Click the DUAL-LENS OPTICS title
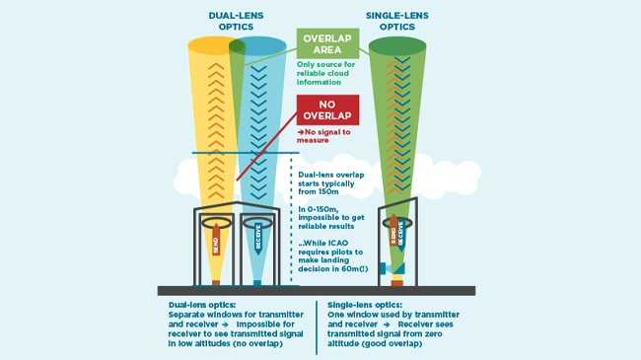tap(236, 22)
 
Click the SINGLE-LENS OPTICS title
tap(397, 22)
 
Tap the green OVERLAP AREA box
tap(327, 43)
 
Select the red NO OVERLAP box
tap(327, 110)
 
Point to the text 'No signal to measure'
tap(323, 136)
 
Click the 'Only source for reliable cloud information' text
tap(325, 73)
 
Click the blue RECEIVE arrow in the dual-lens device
tap(258, 239)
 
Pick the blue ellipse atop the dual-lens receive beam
tap(257, 45)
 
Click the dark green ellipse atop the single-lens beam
tap(397, 45)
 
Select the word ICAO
tap(337, 243)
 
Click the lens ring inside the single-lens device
tap(397, 223)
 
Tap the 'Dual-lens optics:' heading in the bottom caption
tap(202, 305)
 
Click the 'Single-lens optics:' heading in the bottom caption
tap(365, 305)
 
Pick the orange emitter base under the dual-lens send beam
tap(216, 283)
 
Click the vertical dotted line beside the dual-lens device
tap(291, 218)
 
